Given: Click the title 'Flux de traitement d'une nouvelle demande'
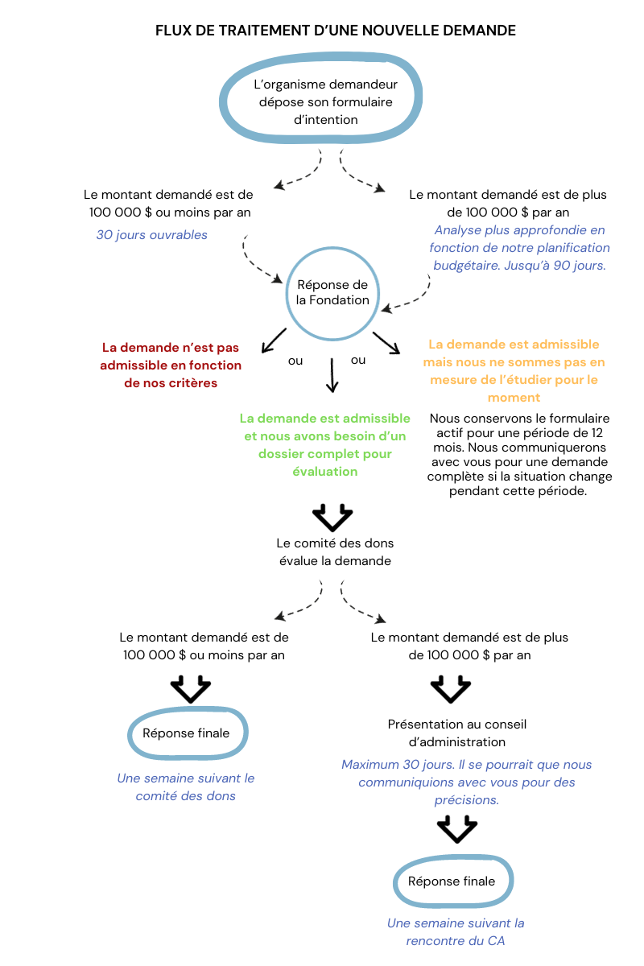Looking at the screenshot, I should point(335,31).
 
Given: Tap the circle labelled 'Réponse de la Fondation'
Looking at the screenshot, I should point(332,292).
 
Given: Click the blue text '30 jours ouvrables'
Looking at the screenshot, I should point(151,235).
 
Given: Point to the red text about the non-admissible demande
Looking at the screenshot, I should point(171,365).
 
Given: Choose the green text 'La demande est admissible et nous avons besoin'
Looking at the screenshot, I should point(325,445).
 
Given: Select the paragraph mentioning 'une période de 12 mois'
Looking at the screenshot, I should point(519,454).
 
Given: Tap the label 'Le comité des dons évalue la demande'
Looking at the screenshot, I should point(335,552).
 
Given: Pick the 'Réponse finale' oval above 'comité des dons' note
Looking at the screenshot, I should point(187,733).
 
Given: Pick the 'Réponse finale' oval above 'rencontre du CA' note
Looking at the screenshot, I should point(452,881).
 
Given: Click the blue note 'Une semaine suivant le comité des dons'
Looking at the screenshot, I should point(186,787).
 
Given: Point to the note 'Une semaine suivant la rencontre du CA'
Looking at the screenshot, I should point(456,931).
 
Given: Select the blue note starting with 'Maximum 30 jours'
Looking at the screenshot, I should point(467,782).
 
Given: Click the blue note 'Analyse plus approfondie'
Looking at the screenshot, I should point(519,248).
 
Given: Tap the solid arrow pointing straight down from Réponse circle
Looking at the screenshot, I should point(332,375).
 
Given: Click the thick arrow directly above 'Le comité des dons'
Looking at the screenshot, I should point(332,516).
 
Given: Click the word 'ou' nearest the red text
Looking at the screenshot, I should point(295,361).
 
